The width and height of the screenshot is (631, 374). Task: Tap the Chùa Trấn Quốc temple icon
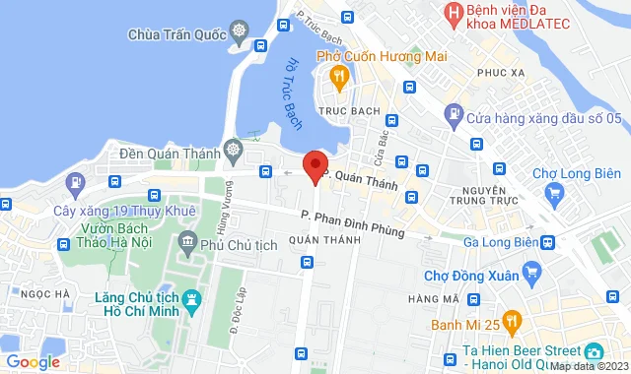(238, 33)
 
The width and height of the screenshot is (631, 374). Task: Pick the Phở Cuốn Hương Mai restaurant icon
(338, 75)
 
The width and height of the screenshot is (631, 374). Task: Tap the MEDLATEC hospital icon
(454, 15)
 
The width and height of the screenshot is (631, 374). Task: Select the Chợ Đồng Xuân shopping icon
(532, 271)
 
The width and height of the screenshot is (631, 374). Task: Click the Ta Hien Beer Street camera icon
(595, 351)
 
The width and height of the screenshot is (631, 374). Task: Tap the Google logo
(33, 362)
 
